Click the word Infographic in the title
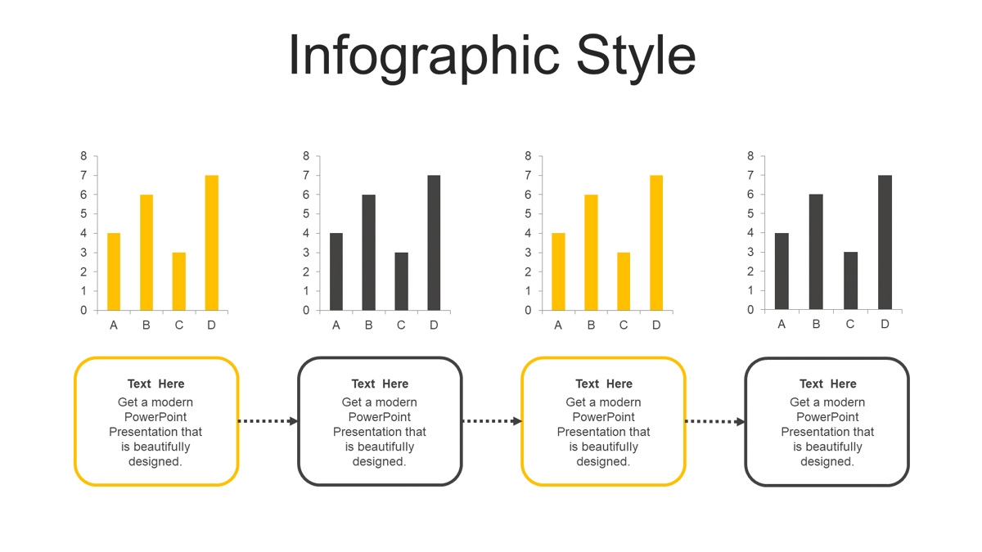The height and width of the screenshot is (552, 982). click(424, 57)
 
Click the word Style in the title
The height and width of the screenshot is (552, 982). click(636, 57)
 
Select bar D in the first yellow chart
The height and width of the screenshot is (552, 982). click(212, 243)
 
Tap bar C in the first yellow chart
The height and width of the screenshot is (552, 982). click(179, 281)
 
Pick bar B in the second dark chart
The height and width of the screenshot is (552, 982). click(369, 253)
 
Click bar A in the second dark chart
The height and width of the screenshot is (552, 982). click(336, 272)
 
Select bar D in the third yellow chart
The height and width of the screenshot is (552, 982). click(656, 243)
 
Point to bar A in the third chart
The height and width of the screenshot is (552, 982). click(558, 272)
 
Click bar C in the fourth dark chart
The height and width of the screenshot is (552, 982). click(850, 280)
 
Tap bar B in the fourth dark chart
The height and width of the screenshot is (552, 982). click(816, 252)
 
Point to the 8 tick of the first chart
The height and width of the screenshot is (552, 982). click(83, 156)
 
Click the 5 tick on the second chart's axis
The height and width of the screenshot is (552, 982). click(306, 213)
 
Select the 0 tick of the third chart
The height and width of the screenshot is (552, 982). click(529, 310)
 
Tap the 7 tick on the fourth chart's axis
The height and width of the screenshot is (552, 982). click(750, 175)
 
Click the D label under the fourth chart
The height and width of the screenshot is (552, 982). click(885, 324)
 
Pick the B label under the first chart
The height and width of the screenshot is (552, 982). click(146, 325)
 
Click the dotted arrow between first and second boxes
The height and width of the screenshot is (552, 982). click(268, 421)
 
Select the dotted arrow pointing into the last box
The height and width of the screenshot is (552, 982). click(715, 421)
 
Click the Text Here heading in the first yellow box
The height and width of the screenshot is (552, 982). click(156, 384)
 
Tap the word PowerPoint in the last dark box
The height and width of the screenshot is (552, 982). click(827, 417)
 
